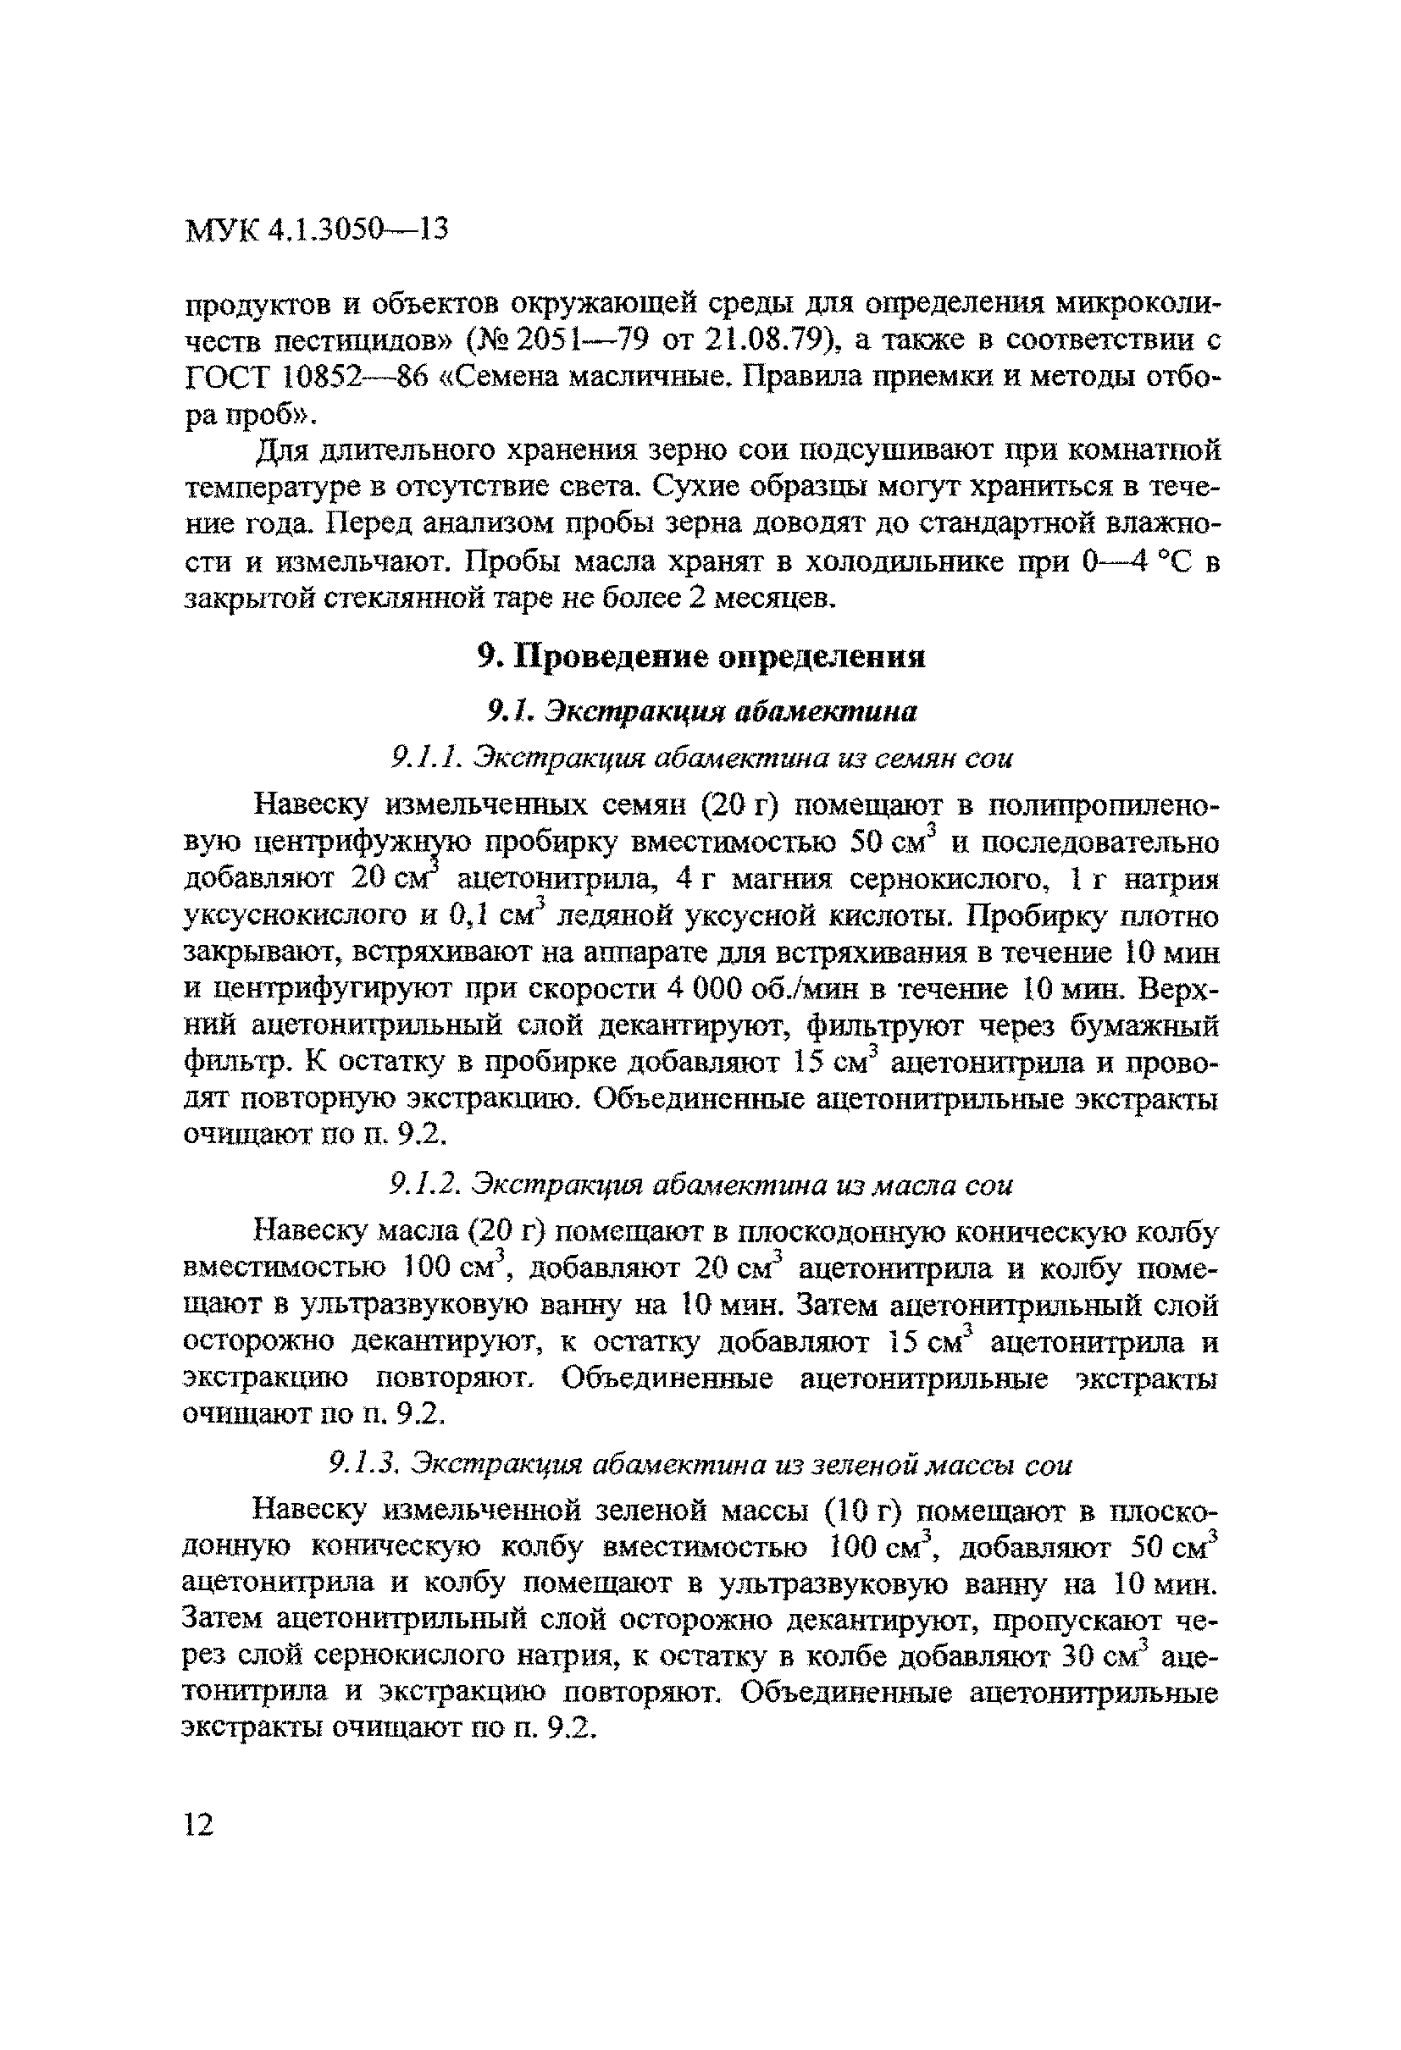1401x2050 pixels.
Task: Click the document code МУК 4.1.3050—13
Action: pyautogui.click(x=317, y=229)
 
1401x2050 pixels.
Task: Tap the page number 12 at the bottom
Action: pyautogui.click(x=198, y=1824)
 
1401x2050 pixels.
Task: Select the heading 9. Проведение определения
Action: pyautogui.click(x=700, y=655)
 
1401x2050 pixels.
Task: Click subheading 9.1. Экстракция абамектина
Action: pyautogui.click(x=701, y=711)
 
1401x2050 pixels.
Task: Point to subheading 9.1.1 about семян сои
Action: pyautogui.click(x=701, y=757)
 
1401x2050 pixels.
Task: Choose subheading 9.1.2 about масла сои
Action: pyautogui.click(x=701, y=1185)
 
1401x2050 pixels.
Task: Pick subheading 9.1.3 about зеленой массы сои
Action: pyautogui.click(x=701, y=1464)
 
